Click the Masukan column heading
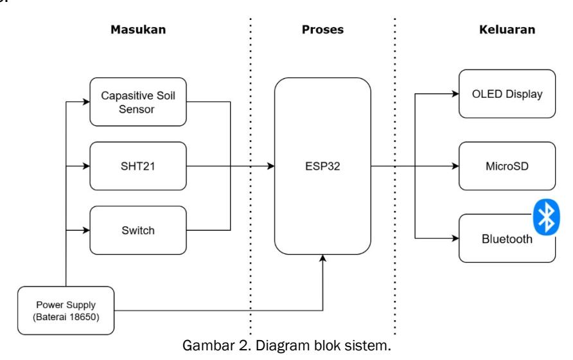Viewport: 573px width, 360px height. coord(138,30)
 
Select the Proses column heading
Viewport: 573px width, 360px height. coord(322,30)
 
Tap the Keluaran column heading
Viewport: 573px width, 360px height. coord(507,30)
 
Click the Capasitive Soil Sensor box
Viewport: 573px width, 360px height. coord(138,102)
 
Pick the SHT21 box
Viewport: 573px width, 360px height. coord(138,166)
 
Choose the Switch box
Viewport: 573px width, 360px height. coord(138,230)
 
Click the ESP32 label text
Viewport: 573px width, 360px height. coord(322,166)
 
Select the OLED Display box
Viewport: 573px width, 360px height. coord(507,94)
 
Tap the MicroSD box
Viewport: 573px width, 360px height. coord(507,166)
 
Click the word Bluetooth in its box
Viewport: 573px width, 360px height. coord(507,239)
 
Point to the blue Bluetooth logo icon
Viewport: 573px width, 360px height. coord(546,217)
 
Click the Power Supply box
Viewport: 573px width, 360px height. coord(66,310)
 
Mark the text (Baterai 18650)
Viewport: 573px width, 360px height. coord(66,317)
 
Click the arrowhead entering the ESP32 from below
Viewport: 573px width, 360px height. coord(322,258)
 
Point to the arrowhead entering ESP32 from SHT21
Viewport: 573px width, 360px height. coord(271,166)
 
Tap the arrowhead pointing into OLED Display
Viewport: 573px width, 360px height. coord(455,94)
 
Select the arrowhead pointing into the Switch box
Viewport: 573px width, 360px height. coord(86,230)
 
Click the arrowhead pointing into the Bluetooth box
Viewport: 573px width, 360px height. coord(455,239)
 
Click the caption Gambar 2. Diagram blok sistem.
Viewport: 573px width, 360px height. coord(286,345)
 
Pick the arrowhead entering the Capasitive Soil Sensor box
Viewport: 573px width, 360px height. coord(86,102)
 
